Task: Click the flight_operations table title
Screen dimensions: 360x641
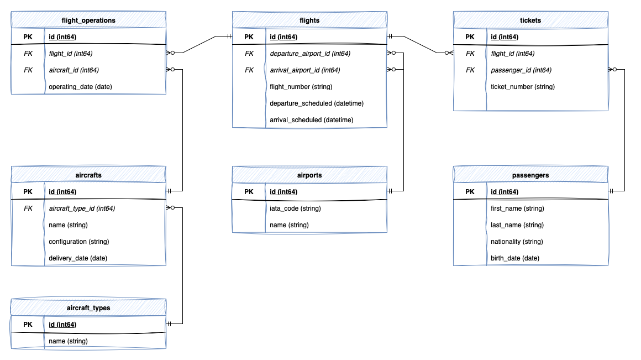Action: (88, 20)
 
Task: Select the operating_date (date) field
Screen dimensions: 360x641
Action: (81, 87)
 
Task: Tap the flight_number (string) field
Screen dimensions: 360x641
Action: (301, 87)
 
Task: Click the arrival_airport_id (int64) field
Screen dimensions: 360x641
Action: (304, 70)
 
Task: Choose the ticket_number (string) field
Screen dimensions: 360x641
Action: (523, 87)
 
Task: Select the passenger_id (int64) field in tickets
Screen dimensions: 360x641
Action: (521, 70)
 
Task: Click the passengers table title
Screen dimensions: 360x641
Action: (530, 175)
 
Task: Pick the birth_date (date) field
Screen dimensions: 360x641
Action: (515, 258)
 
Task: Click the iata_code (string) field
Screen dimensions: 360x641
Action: (295, 208)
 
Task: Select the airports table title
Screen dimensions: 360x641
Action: (309, 175)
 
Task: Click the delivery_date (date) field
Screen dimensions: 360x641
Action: (78, 258)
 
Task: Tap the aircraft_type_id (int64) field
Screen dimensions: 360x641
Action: (82, 208)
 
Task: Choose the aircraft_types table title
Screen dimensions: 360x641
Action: (88, 308)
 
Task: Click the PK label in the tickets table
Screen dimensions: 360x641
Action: (470, 37)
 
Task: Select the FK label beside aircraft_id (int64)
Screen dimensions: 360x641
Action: (28, 70)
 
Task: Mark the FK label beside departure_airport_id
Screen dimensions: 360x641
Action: (249, 54)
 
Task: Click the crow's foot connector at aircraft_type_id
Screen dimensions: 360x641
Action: (171, 208)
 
